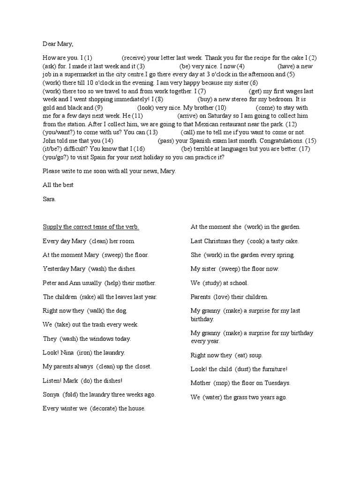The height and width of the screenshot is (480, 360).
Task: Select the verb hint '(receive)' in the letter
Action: [x=134, y=58]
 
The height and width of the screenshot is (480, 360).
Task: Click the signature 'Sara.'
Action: [x=49, y=199]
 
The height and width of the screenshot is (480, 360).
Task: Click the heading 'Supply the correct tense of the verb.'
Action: [x=91, y=227]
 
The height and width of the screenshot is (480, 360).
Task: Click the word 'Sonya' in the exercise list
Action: [x=51, y=394]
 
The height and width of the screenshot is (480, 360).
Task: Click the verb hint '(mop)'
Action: [x=223, y=383]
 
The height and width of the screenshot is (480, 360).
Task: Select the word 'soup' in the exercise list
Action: [x=269, y=355]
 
